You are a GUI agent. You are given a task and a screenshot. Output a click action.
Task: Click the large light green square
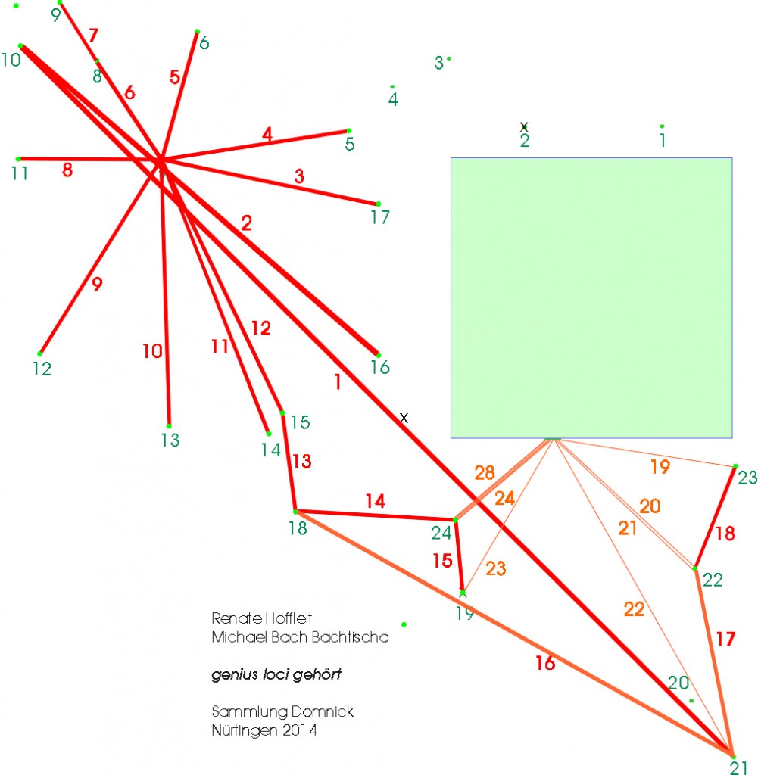pos(591,298)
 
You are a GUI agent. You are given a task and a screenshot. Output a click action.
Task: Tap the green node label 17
pos(380,217)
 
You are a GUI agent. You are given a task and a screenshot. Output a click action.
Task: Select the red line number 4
pos(267,134)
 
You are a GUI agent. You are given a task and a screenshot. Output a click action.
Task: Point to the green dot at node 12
pos(39,354)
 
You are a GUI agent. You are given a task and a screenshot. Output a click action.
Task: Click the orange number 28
pos(485,472)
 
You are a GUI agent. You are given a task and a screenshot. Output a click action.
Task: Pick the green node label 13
pos(170,440)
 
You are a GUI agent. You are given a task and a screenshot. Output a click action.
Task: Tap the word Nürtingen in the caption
pos(243,730)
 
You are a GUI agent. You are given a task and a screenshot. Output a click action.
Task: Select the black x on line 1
pos(404,418)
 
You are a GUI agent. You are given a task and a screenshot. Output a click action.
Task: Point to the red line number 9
pos(98,284)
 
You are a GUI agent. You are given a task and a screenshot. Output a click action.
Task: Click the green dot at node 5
pos(349,131)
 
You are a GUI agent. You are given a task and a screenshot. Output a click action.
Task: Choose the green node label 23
pos(747,478)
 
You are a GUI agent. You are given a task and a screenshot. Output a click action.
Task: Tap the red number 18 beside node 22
pos(725,534)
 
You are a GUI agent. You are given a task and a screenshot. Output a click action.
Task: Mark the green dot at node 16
pos(379,355)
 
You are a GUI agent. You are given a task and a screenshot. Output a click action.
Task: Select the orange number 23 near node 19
pos(496,568)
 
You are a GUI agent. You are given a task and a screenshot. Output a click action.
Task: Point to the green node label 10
pos(11,60)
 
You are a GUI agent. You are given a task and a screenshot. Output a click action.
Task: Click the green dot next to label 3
pos(449,59)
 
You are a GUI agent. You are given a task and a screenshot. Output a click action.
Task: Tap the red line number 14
pos(376,501)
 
